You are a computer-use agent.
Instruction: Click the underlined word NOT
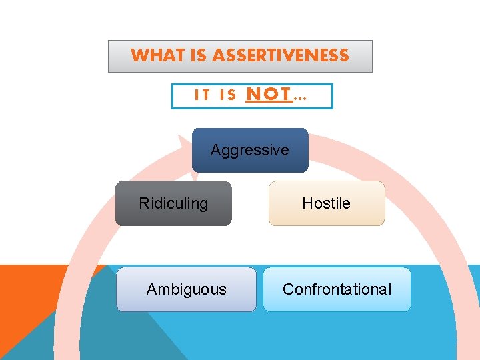(269, 95)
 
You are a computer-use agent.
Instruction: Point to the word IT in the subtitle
(201, 96)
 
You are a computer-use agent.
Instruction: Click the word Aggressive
(250, 151)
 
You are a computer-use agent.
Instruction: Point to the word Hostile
(327, 203)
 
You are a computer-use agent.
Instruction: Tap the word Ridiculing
(173, 203)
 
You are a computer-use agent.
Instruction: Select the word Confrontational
(337, 289)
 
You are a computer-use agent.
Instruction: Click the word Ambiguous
(187, 289)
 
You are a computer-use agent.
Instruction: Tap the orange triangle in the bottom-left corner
(20, 300)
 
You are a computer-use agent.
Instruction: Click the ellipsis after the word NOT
(301, 97)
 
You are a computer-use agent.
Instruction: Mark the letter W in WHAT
(138, 55)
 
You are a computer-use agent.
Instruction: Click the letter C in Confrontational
(287, 289)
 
